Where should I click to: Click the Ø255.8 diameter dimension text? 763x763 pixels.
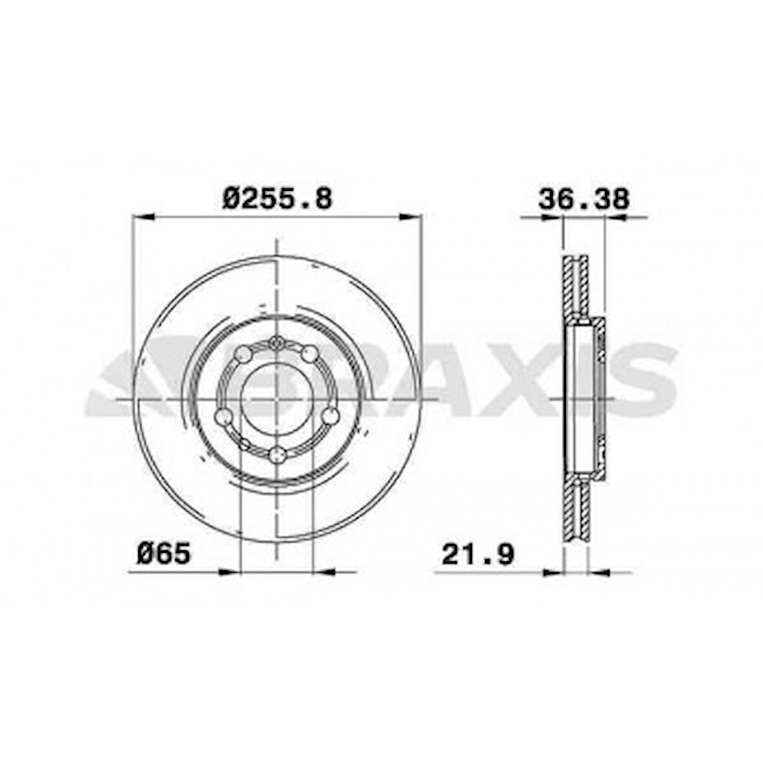point(277,198)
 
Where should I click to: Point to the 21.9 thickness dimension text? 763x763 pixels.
point(478,554)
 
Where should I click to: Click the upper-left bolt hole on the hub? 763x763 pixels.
point(244,354)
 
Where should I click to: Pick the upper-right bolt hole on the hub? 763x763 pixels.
point(310,354)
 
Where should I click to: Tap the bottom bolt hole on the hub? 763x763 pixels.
point(277,455)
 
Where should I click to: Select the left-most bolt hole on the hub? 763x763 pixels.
point(223,416)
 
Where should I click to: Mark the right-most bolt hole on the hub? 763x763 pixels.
point(330,416)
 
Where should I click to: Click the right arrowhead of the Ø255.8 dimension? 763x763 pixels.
point(411,218)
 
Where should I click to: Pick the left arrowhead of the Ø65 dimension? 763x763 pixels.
point(230,572)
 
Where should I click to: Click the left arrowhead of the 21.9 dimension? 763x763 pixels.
point(555,572)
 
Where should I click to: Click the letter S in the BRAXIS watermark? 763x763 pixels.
point(641,381)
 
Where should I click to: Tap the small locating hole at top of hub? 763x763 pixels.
point(277,343)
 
